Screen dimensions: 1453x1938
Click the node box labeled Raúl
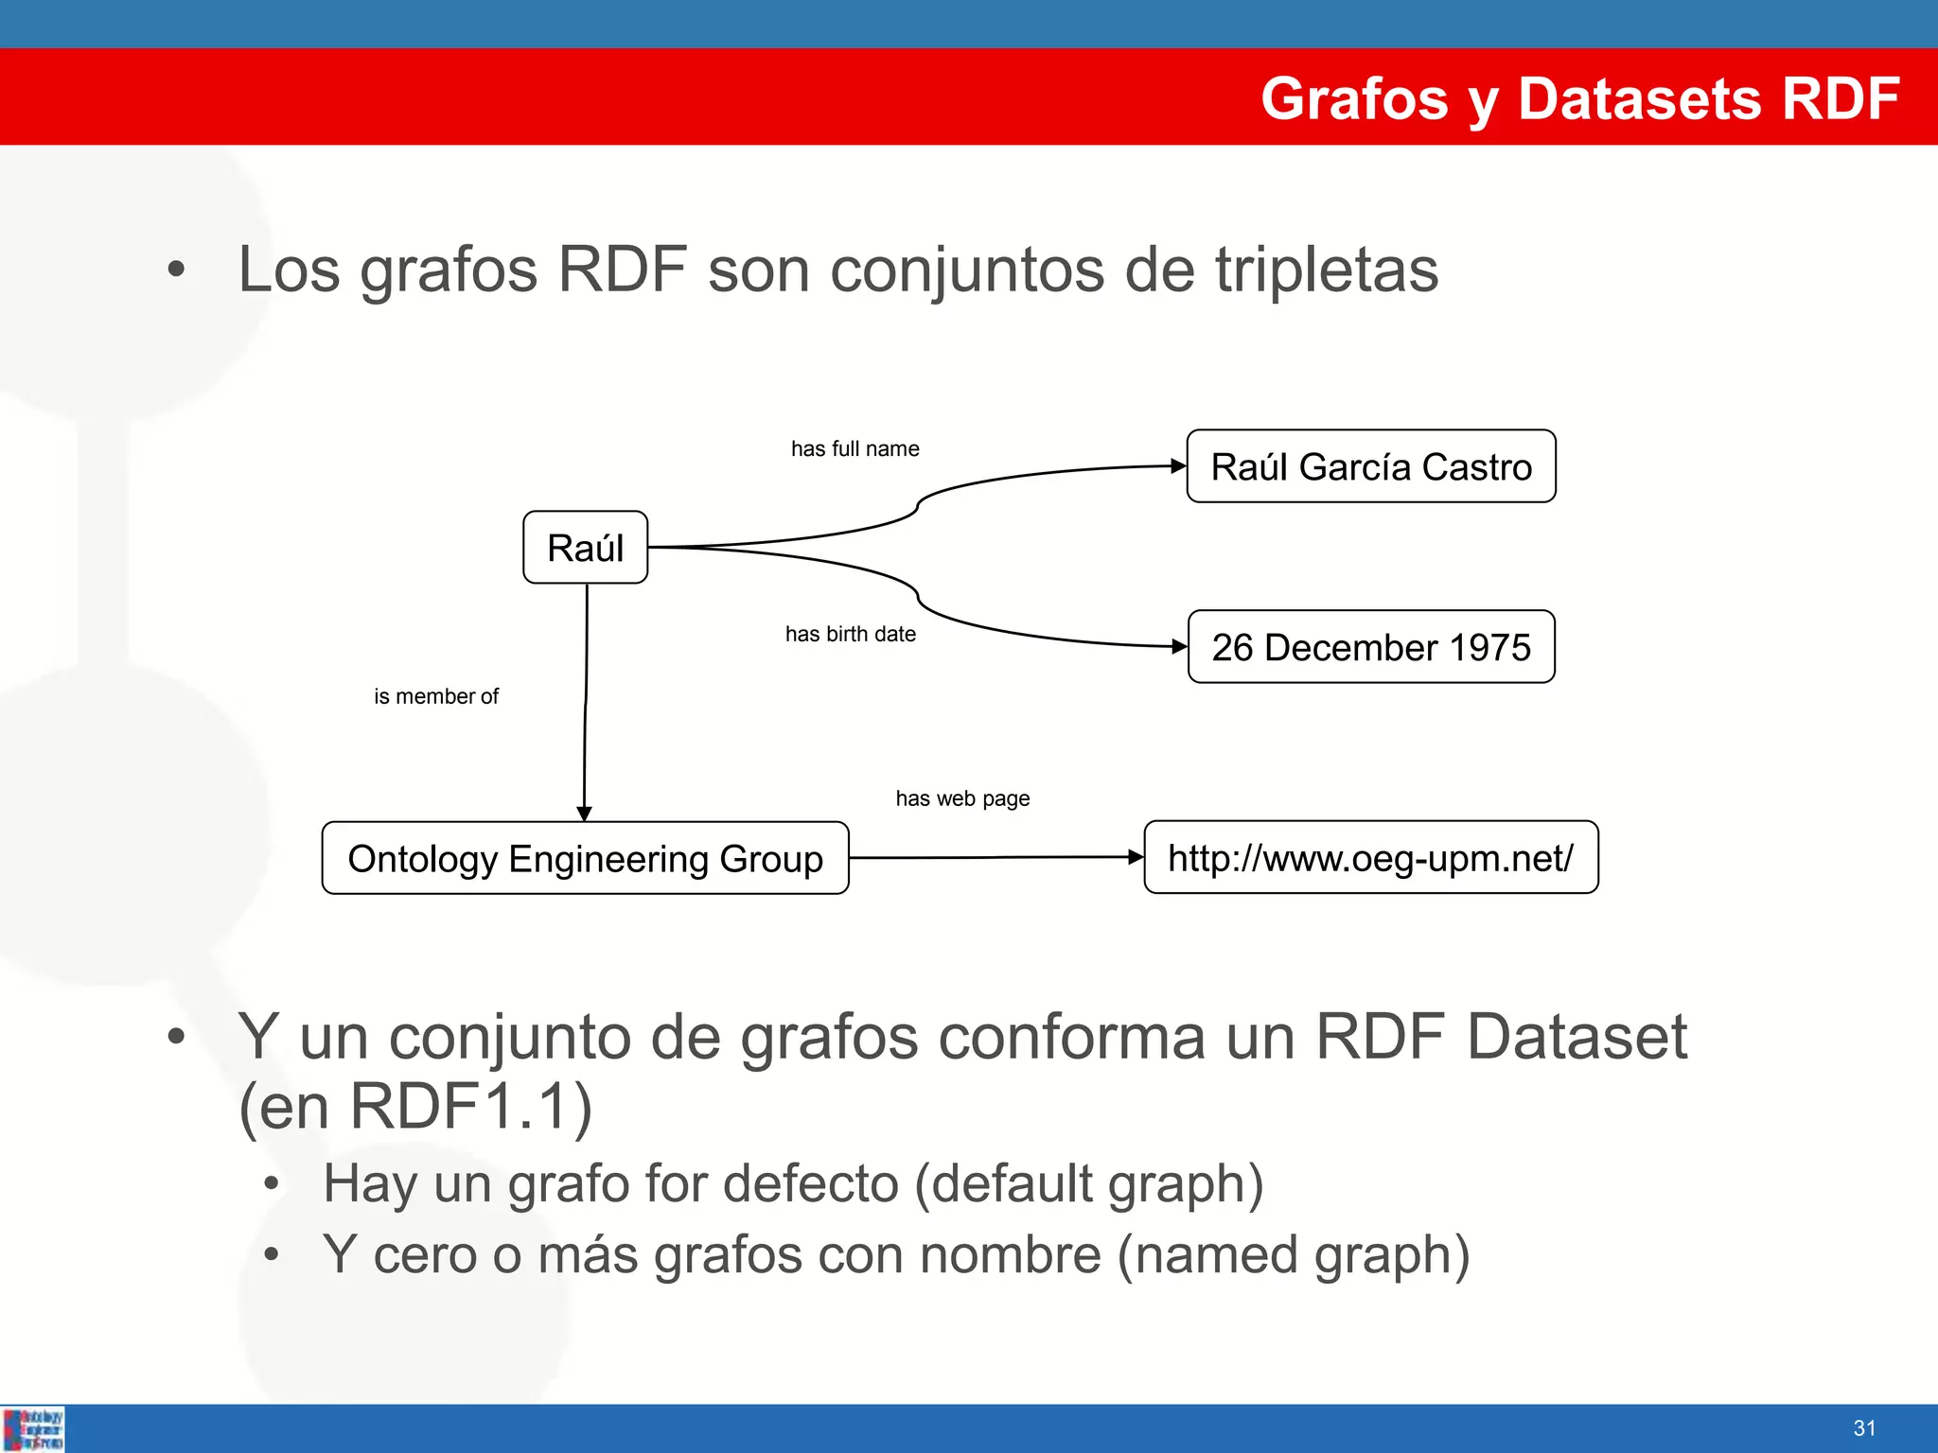click(x=585, y=548)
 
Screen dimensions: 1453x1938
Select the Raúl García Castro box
click(x=1370, y=466)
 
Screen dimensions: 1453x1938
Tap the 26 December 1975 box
click(x=1370, y=647)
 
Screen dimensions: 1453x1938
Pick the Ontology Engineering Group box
click(x=585, y=858)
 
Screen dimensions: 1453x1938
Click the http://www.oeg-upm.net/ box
click(x=1370, y=858)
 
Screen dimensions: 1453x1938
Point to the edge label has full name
click(x=854, y=448)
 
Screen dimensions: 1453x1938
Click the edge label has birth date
click(x=850, y=634)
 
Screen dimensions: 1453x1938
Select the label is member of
click(x=435, y=696)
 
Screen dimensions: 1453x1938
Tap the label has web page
click(x=962, y=798)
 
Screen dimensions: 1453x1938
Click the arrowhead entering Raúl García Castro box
click(x=1178, y=465)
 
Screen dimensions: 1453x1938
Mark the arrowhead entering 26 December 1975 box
click(x=1179, y=647)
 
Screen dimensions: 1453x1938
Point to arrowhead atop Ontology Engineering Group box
click(x=584, y=814)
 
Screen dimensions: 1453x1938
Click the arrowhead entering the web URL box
click(x=1136, y=857)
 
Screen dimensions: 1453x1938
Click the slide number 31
click(x=1864, y=1428)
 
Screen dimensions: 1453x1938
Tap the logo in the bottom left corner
click(x=33, y=1428)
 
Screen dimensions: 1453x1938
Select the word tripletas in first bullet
click(x=1327, y=270)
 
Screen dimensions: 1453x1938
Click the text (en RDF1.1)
click(x=415, y=1106)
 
